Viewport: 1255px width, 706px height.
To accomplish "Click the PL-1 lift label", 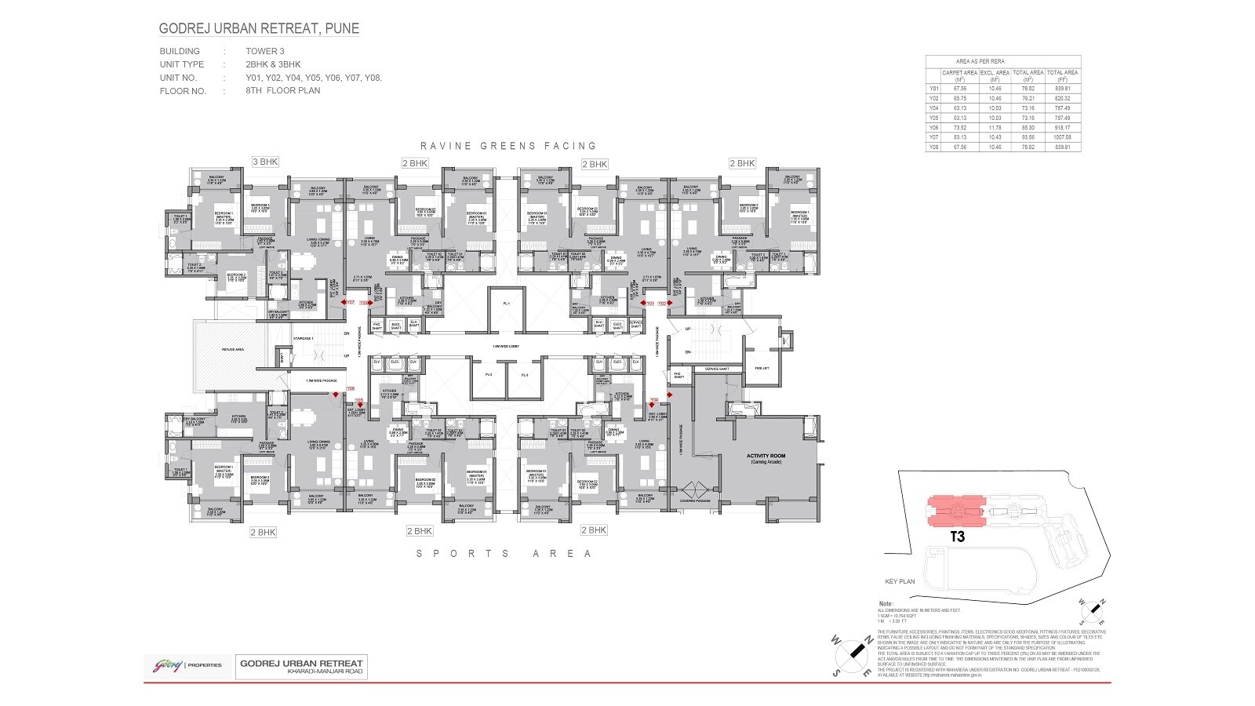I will (507, 304).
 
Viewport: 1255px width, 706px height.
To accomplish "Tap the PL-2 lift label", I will (488, 375).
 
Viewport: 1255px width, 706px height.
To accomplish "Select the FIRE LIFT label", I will (761, 368).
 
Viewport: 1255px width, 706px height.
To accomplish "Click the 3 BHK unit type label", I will (265, 162).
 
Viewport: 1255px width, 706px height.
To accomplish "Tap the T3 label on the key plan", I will (957, 537).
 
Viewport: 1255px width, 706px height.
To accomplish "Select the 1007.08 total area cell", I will (1063, 136).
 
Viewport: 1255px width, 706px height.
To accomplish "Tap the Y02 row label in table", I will (933, 99).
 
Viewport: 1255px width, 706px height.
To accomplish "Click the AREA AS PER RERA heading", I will (980, 60).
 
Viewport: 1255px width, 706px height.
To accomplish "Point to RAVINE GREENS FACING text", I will (508, 146).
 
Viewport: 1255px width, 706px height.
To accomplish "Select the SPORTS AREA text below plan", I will (504, 554).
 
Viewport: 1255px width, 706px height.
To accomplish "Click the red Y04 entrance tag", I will (653, 399).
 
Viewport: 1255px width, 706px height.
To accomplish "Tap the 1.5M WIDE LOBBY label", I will (507, 346).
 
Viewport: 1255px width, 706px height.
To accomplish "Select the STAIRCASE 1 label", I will (303, 338).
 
